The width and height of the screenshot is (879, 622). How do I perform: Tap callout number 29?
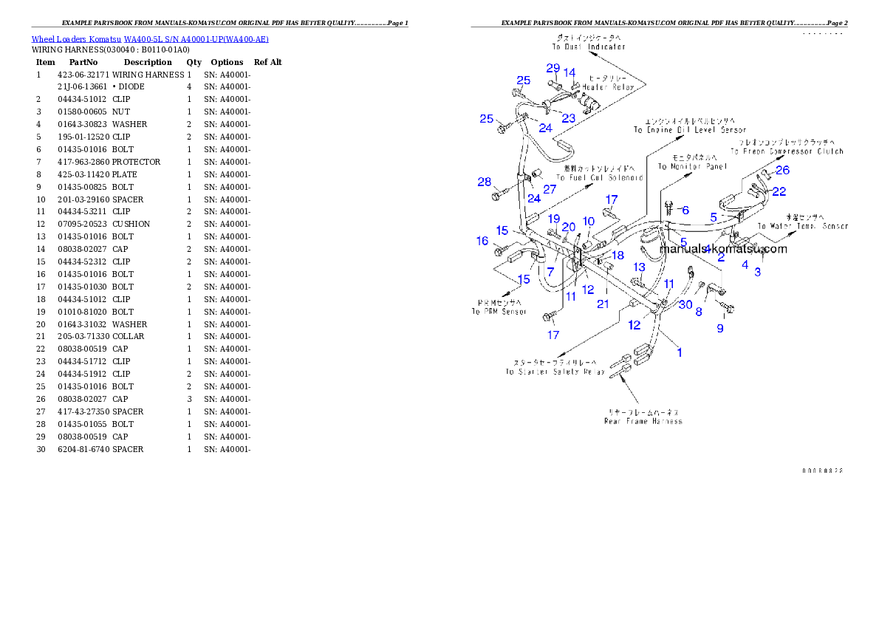tap(553, 69)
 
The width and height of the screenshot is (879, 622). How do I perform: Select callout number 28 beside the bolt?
tap(484, 182)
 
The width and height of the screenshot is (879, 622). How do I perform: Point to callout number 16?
tap(482, 241)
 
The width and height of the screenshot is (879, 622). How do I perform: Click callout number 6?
tap(685, 211)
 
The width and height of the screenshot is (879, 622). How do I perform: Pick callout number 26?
tap(782, 171)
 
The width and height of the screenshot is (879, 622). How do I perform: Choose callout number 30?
tap(686, 305)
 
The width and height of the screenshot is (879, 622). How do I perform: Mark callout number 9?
tap(720, 328)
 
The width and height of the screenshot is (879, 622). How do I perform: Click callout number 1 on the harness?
tap(680, 352)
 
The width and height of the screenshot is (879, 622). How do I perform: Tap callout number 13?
tap(639, 267)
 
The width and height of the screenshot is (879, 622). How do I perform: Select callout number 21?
tap(603, 304)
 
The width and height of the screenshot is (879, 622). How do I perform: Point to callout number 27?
tap(550, 189)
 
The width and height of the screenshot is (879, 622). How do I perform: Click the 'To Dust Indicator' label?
tap(589, 47)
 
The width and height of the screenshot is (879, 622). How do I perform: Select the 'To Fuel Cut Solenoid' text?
tap(600, 178)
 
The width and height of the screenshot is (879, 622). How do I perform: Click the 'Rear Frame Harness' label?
tap(643, 421)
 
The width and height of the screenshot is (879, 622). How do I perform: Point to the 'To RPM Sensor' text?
tap(499, 312)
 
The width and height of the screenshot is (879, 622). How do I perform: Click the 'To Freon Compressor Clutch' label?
tap(787, 151)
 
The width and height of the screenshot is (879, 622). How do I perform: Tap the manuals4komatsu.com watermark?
tap(723, 249)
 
